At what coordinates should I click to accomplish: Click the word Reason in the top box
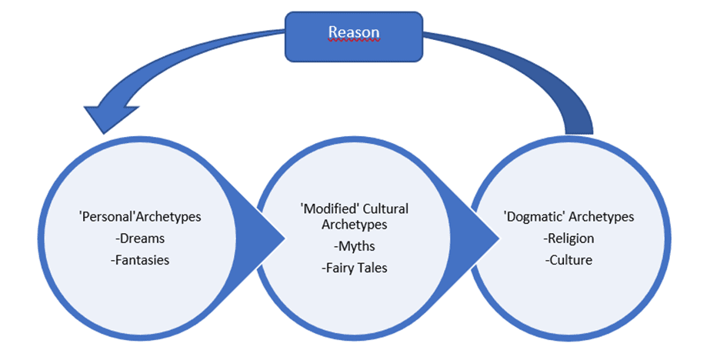(x=354, y=32)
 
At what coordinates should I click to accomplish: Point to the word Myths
(x=355, y=246)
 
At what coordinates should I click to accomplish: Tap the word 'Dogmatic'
(x=532, y=217)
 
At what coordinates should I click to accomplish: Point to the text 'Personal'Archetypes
(x=140, y=217)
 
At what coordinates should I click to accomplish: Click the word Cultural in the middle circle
(x=388, y=209)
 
